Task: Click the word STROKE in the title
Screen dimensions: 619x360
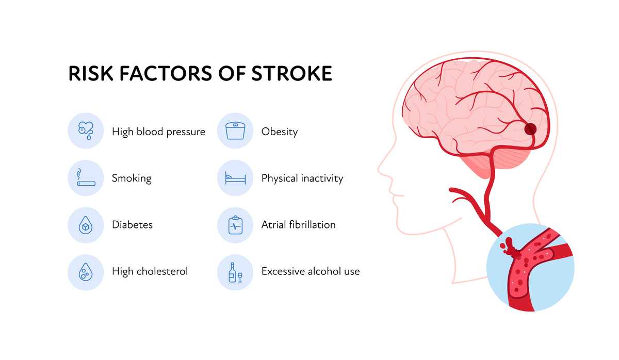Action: (291, 73)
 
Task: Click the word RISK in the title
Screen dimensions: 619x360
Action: (91, 73)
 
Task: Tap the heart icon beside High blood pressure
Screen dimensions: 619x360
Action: (86, 130)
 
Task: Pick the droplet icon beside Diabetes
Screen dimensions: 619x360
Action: (86, 225)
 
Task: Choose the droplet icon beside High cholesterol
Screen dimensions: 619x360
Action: (86, 272)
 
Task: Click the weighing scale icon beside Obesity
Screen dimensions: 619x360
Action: (235, 130)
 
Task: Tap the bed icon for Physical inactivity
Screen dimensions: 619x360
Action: (235, 178)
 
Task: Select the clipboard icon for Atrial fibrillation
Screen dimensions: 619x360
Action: (235, 225)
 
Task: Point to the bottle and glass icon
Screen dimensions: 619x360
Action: (235, 272)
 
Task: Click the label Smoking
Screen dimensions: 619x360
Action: (132, 178)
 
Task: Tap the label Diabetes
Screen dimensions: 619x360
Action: (133, 225)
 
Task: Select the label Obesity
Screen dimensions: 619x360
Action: (280, 132)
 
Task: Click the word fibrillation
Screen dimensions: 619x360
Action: (312, 225)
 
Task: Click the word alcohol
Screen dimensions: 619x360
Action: (324, 271)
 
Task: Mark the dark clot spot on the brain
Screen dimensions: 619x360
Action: (530, 129)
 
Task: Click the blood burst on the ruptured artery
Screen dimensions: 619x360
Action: (510, 248)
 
